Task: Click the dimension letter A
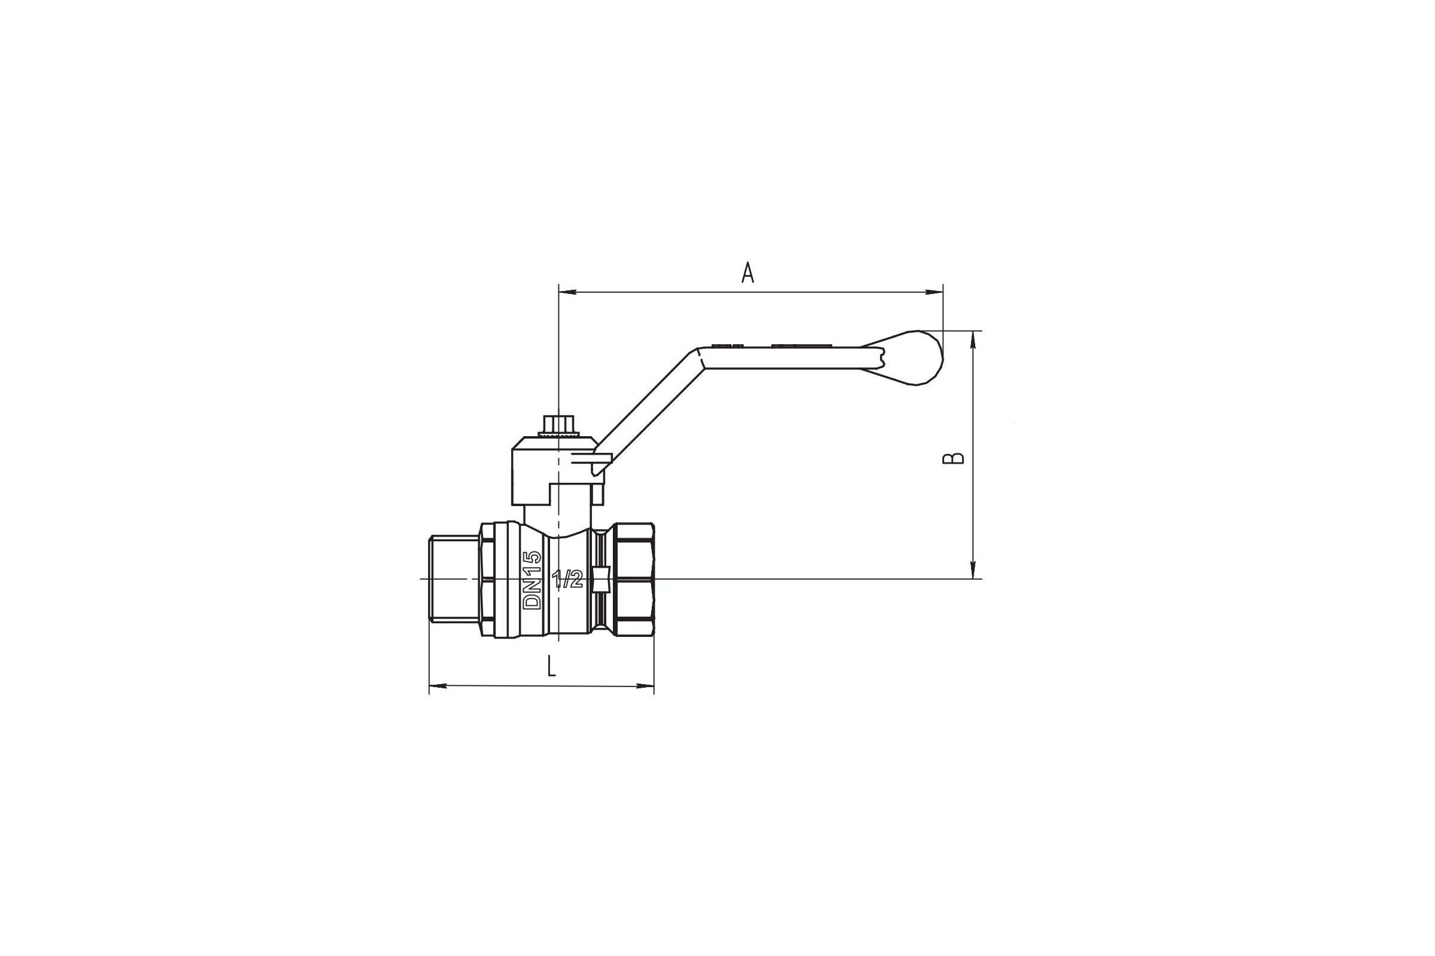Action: [x=747, y=272]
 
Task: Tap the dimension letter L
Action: [x=551, y=666]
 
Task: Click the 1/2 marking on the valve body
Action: [x=567, y=579]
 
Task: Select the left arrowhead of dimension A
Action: [x=568, y=292]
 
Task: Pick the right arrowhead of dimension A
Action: [x=934, y=292]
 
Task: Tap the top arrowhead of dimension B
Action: [x=973, y=340]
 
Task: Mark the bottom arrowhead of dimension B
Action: [x=973, y=569]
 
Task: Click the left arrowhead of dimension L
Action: [x=439, y=686]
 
